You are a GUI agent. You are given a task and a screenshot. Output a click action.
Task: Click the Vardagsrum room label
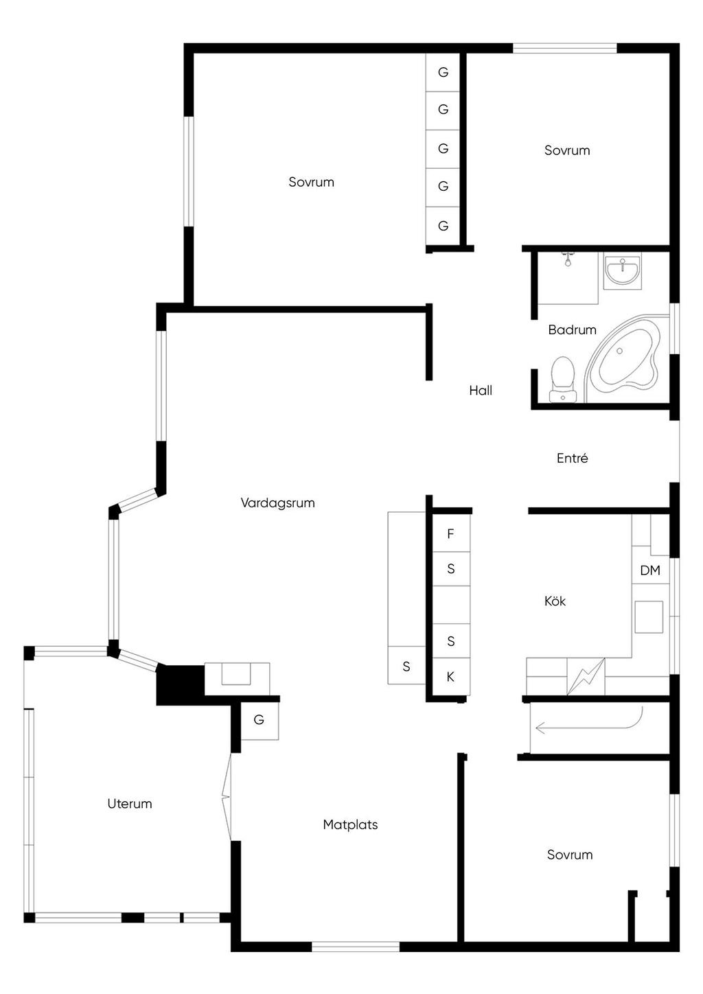[x=277, y=502]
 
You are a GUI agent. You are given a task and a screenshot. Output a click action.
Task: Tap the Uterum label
[x=130, y=804]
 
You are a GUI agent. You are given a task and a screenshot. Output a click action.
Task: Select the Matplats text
[x=350, y=825]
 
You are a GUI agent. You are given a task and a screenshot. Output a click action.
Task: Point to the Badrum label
[x=572, y=330]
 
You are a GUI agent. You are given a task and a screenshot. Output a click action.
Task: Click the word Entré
[x=572, y=458]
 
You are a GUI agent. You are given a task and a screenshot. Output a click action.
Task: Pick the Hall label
[x=481, y=391]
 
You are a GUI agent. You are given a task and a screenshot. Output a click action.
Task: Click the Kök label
[x=555, y=601]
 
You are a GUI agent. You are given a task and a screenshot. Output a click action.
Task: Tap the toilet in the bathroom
[x=563, y=380]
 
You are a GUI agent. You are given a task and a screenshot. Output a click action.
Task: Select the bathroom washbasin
[x=623, y=271]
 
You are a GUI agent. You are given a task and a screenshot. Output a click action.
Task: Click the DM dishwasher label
[x=650, y=570]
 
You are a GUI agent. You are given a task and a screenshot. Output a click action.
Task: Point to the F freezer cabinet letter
[x=450, y=534]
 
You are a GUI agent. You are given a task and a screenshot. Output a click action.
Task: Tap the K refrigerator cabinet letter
[x=450, y=677]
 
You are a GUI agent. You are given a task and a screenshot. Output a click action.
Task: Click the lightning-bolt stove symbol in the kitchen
[x=586, y=676]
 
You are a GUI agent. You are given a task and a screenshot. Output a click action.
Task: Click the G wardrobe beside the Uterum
[x=260, y=719]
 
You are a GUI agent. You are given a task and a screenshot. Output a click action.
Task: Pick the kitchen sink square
[x=649, y=617]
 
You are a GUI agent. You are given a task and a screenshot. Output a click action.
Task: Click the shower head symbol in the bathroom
[x=567, y=259]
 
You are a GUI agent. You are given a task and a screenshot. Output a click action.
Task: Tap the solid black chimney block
[x=180, y=684]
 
